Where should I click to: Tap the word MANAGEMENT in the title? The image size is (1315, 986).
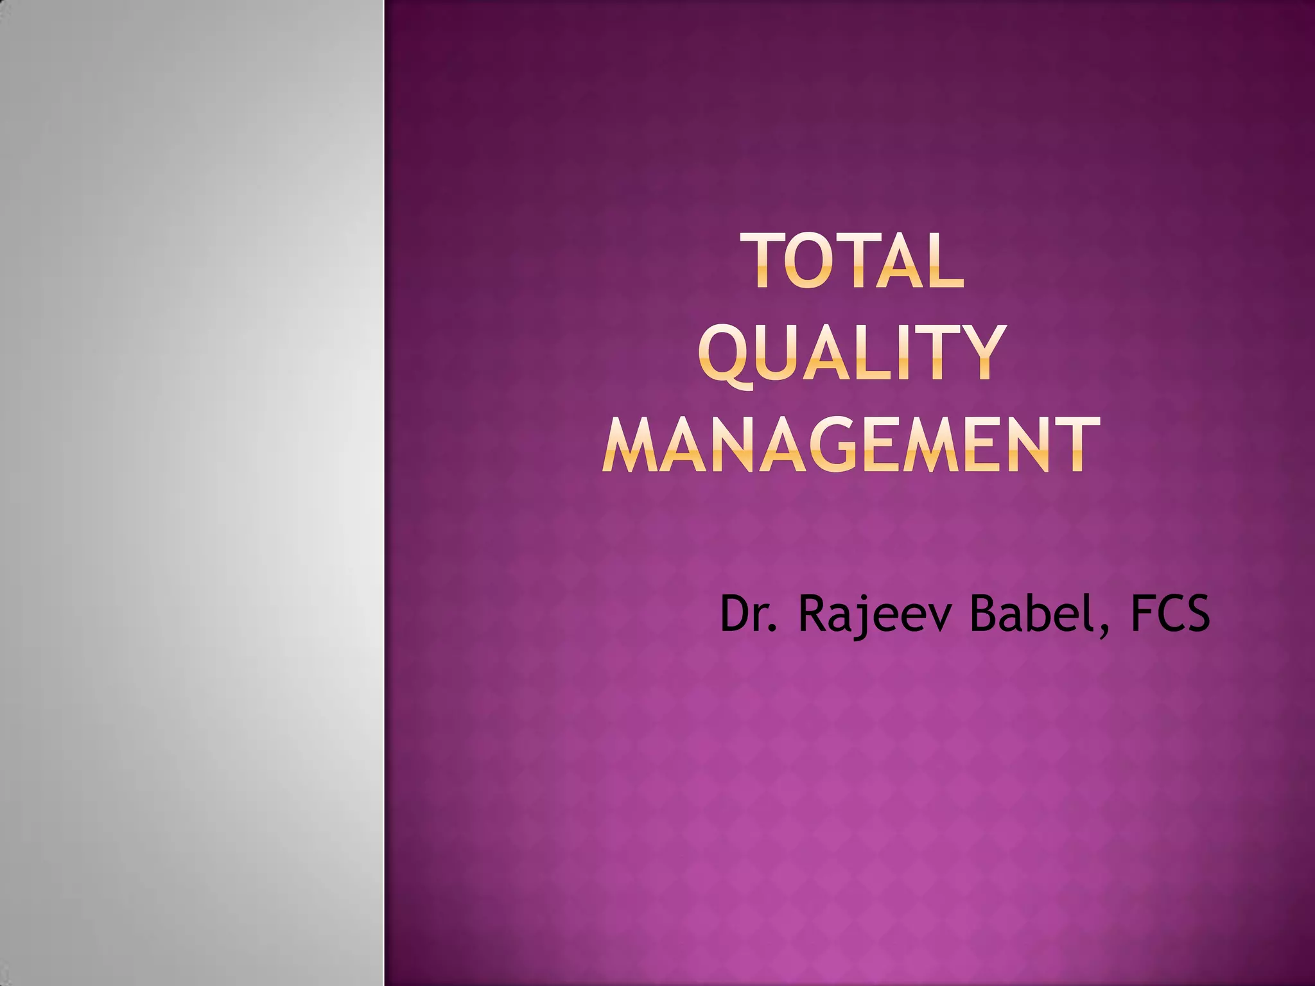click(x=851, y=445)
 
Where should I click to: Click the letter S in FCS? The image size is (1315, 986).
click(x=1195, y=614)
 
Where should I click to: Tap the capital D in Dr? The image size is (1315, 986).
click(x=735, y=614)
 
